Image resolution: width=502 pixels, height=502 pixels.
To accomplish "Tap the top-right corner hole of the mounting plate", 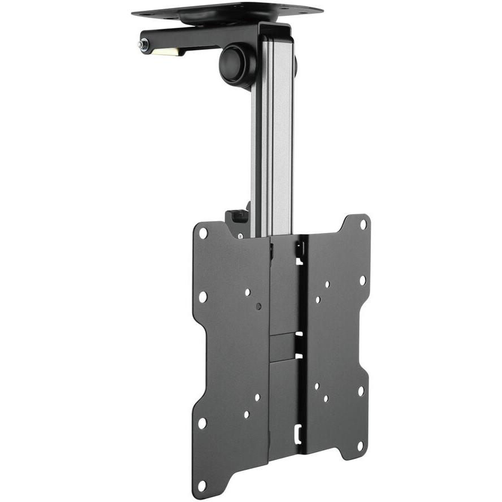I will click(363, 224).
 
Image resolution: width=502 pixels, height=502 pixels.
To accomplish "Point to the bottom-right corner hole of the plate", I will click(360, 446).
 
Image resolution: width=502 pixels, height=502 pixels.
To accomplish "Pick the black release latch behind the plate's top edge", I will click(237, 217).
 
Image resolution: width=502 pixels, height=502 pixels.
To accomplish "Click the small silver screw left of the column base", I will click(240, 235).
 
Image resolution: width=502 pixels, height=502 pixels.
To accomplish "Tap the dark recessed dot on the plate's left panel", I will click(258, 306).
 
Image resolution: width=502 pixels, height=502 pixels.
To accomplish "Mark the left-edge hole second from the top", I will click(202, 296).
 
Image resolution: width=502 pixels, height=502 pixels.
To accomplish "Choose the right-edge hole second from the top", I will click(362, 279).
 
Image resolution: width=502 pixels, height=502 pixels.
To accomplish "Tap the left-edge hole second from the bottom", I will click(202, 422).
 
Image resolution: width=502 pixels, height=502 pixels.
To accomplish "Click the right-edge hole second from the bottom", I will click(361, 391).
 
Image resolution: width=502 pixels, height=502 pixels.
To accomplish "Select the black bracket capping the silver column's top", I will click(277, 34).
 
